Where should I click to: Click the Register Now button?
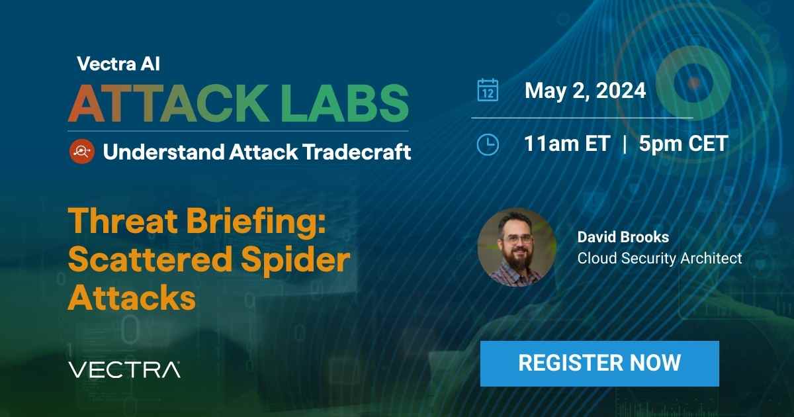tap(599, 363)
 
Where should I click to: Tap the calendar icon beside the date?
tap(488, 90)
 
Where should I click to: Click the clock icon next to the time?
tap(488, 144)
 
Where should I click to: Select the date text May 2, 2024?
tap(585, 91)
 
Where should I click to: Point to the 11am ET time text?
tap(567, 144)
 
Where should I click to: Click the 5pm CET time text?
tap(684, 144)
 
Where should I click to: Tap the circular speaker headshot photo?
tap(517, 247)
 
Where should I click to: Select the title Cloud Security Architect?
tap(660, 258)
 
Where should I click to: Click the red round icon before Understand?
tap(81, 152)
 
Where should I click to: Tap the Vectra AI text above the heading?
tap(118, 64)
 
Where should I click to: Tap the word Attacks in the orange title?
tap(132, 298)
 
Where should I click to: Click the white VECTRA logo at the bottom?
tap(124, 369)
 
